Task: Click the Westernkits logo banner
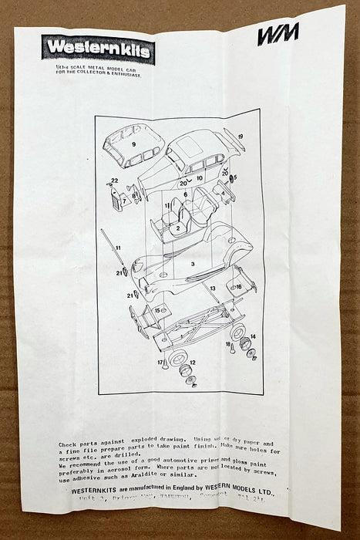(x=99, y=49)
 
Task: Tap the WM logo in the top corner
(x=278, y=35)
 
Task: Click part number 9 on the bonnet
(x=133, y=144)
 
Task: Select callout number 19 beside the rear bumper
(x=241, y=137)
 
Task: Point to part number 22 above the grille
(x=115, y=181)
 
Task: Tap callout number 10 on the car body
(x=200, y=179)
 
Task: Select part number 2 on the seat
(x=177, y=228)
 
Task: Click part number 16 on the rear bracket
(x=239, y=287)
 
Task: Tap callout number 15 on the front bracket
(x=159, y=310)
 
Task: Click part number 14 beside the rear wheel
(x=253, y=337)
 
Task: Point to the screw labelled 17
(x=162, y=363)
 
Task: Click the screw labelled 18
(x=228, y=345)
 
